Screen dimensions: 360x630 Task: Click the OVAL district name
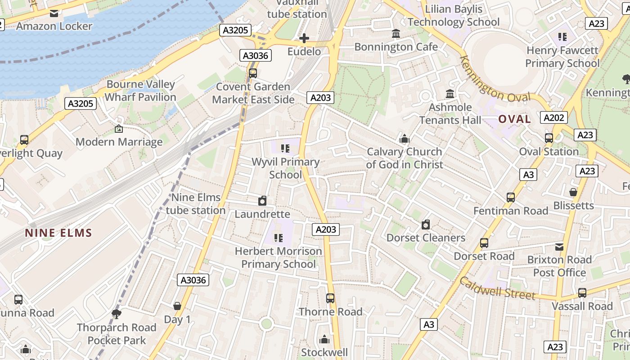[x=514, y=119]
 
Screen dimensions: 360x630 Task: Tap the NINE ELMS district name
[x=58, y=233]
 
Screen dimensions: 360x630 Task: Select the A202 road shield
[x=553, y=117]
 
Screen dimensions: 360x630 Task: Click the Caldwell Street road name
[x=497, y=289]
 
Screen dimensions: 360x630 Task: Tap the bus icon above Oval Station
[x=549, y=138]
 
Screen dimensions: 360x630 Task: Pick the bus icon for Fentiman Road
[x=511, y=197]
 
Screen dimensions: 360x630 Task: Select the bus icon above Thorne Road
[x=330, y=298]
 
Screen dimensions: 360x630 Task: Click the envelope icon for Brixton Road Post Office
[x=559, y=247]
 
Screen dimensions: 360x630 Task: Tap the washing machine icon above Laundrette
[x=262, y=201]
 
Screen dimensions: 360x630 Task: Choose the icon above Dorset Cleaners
[x=426, y=224]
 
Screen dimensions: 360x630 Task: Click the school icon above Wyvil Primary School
[x=285, y=148]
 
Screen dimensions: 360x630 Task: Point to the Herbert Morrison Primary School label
[x=278, y=257]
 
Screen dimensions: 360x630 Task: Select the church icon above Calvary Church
[x=404, y=138]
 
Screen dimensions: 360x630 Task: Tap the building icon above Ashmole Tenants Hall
[x=450, y=94]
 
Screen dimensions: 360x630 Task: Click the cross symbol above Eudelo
[x=304, y=38]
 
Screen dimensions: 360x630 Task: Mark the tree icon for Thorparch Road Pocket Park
[x=116, y=314]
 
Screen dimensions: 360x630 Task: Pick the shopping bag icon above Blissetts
[x=573, y=192]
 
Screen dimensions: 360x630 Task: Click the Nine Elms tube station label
[x=196, y=204]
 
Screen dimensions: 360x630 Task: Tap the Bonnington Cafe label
[x=396, y=47]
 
